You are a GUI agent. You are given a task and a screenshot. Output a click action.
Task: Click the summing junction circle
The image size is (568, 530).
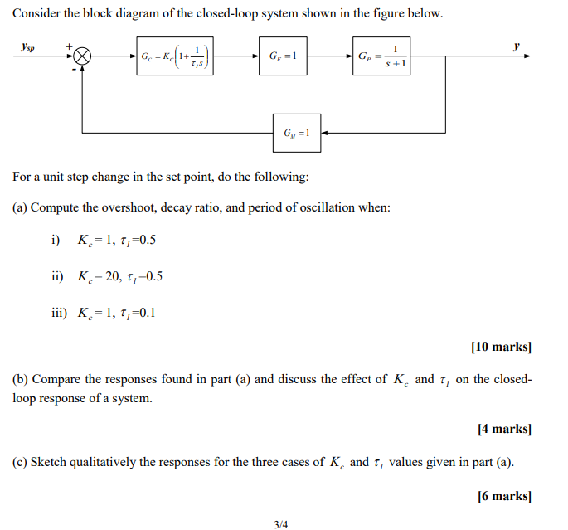click(83, 57)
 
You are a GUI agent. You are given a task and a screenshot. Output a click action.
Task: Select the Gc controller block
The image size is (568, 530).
click(172, 57)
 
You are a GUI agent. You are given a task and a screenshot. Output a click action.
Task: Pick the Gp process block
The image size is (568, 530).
click(382, 57)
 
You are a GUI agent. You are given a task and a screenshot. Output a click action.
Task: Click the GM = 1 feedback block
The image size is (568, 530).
click(297, 132)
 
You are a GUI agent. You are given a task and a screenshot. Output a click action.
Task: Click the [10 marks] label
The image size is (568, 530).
click(501, 347)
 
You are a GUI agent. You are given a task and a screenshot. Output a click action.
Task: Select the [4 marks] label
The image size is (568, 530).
click(504, 429)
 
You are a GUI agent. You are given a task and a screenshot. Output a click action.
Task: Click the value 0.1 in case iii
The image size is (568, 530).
click(148, 313)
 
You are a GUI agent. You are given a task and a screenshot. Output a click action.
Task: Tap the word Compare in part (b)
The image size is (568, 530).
click(56, 379)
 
